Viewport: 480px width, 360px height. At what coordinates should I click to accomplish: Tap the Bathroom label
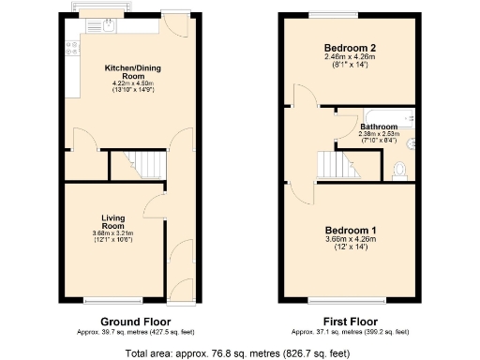380,125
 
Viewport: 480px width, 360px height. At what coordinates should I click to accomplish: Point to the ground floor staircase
135,168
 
